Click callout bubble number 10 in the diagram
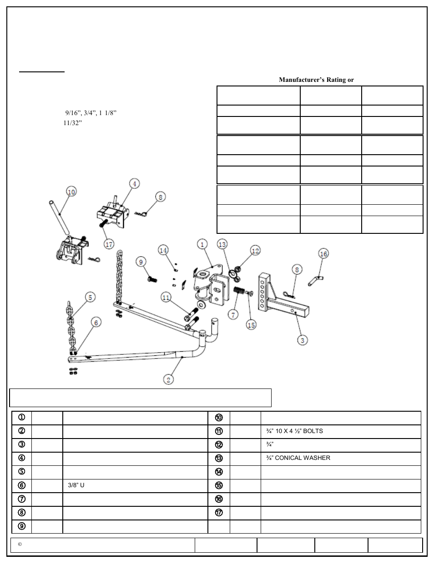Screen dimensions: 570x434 (71, 192)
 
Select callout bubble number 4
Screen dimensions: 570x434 (134, 184)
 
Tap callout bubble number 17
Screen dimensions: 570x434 (109, 244)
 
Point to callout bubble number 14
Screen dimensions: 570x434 (163, 250)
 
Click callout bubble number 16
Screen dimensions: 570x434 (323, 253)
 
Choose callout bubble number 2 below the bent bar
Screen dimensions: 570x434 (169, 379)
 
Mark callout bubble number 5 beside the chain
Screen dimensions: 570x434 (91, 298)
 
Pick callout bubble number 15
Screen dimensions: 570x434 (251, 324)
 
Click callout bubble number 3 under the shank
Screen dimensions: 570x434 (302, 339)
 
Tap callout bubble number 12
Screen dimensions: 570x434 (255, 250)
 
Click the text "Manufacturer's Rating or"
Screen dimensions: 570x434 (316, 80)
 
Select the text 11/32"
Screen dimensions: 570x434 (72, 123)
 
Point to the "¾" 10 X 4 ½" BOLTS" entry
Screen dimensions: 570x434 (294, 431)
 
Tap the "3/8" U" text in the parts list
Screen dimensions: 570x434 (76, 485)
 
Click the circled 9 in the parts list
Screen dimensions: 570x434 (21, 526)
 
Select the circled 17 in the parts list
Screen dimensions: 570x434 (219, 513)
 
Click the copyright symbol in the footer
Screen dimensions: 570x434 (20, 545)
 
